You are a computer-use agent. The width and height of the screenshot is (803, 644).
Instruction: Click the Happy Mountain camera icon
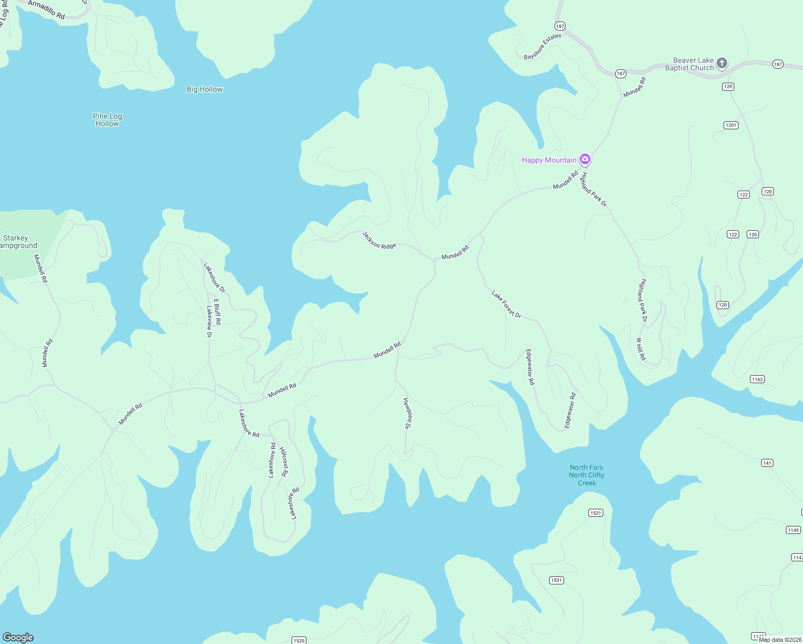click(585, 159)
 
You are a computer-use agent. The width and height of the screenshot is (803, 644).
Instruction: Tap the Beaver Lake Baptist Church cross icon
click(722, 63)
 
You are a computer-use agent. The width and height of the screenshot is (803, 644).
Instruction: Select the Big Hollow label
click(205, 90)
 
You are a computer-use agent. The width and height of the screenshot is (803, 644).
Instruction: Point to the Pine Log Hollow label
click(107, 120)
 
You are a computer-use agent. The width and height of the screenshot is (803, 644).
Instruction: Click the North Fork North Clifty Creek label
click(587, 475)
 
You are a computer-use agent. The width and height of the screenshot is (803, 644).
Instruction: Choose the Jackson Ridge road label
click(379, 240)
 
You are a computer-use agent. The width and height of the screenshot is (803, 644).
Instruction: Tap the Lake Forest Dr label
click(506, 304)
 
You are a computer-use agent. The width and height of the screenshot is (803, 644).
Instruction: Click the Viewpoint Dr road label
click(407, 413)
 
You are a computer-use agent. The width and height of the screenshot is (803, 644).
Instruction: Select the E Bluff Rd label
click(217, 312)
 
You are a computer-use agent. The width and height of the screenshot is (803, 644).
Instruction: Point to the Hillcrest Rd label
click(284, 462)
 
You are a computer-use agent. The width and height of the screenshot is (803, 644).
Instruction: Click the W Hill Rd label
click(641, 349)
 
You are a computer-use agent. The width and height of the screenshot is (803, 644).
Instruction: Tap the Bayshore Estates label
click(542, 47)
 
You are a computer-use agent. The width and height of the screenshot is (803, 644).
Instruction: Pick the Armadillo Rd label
click(46, 10)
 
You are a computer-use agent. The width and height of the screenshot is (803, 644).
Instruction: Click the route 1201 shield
click(731, 125)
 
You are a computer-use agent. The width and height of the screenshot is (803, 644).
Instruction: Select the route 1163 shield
click(757, 379)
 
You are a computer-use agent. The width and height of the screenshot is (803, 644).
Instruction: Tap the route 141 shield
click(767, 463)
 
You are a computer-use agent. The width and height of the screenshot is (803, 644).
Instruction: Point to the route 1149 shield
click(793, 530)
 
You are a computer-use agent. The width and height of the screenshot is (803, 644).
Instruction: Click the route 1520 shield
click(299, 640)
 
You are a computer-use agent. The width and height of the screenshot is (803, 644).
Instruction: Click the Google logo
click(18, 638)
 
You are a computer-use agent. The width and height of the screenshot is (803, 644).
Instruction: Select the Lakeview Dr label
click(209, 321)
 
